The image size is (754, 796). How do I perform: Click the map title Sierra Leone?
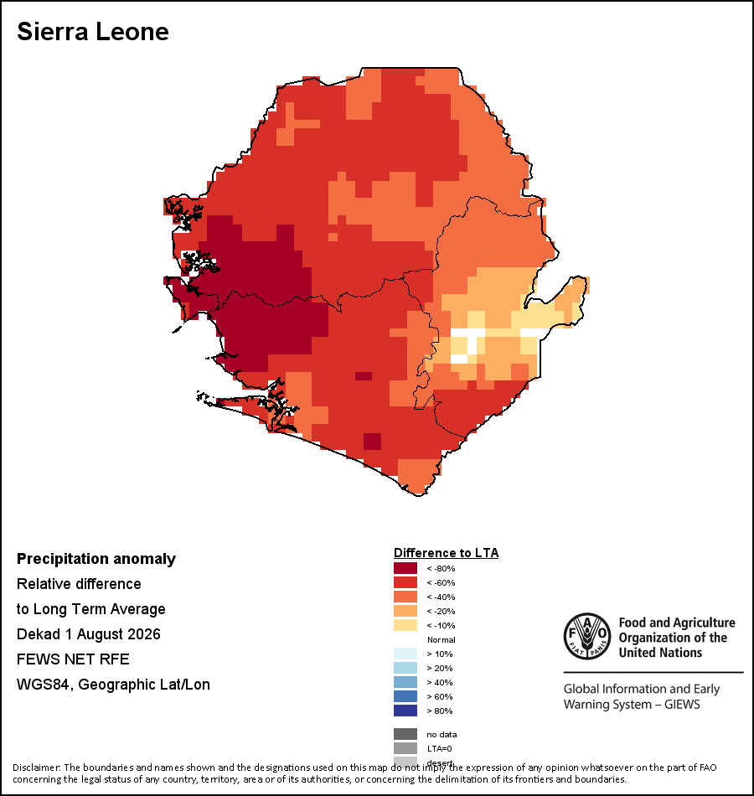[93, 32]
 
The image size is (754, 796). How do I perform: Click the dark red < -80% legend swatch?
[405, 568]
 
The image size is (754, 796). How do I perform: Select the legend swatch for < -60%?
[405, 582]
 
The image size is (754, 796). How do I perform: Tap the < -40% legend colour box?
[405, 597]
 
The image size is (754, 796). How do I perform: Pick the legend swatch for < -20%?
[405, 611]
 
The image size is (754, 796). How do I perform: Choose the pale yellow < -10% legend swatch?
[405, 625]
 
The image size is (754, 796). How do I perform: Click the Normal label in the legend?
[442, 639]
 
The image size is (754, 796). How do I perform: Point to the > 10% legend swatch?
[405, 654]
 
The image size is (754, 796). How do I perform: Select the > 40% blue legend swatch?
[405, 682]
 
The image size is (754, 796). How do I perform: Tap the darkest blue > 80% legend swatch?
[405, 711]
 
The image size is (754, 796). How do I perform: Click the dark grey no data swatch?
[405, 734]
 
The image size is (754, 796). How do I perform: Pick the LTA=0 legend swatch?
[405, 748]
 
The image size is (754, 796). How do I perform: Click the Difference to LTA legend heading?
[446, 553]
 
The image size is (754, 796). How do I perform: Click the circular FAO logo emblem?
[587, 636]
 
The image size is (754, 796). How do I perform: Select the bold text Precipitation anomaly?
[96, 559]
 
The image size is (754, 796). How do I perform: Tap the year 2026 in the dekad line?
[144, 634]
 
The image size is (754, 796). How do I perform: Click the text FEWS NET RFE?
[73, 659]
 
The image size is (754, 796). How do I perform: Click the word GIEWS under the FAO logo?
[683, 705]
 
